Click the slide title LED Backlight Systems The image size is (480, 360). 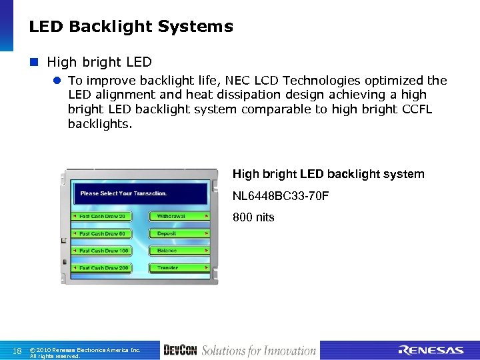click(x=131, y=27)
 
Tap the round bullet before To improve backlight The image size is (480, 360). click(x=58, y=81)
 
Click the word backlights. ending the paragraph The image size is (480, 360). click(x=100, y=124)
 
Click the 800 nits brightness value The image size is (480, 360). click(x=253, y=217)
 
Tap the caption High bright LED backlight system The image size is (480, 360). click(x=328, y=174)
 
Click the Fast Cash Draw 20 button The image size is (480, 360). click(x=101, y=217)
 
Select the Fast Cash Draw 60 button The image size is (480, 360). click(x=101, y=234)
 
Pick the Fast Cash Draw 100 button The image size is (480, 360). click(x=101, y=251)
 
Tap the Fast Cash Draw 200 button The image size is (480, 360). click(x=101, y=268)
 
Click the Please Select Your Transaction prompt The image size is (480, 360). click(x=123, y=193)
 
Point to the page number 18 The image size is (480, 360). click(x=18, y=351)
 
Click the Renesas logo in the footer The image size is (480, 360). click(x=431, y=351)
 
